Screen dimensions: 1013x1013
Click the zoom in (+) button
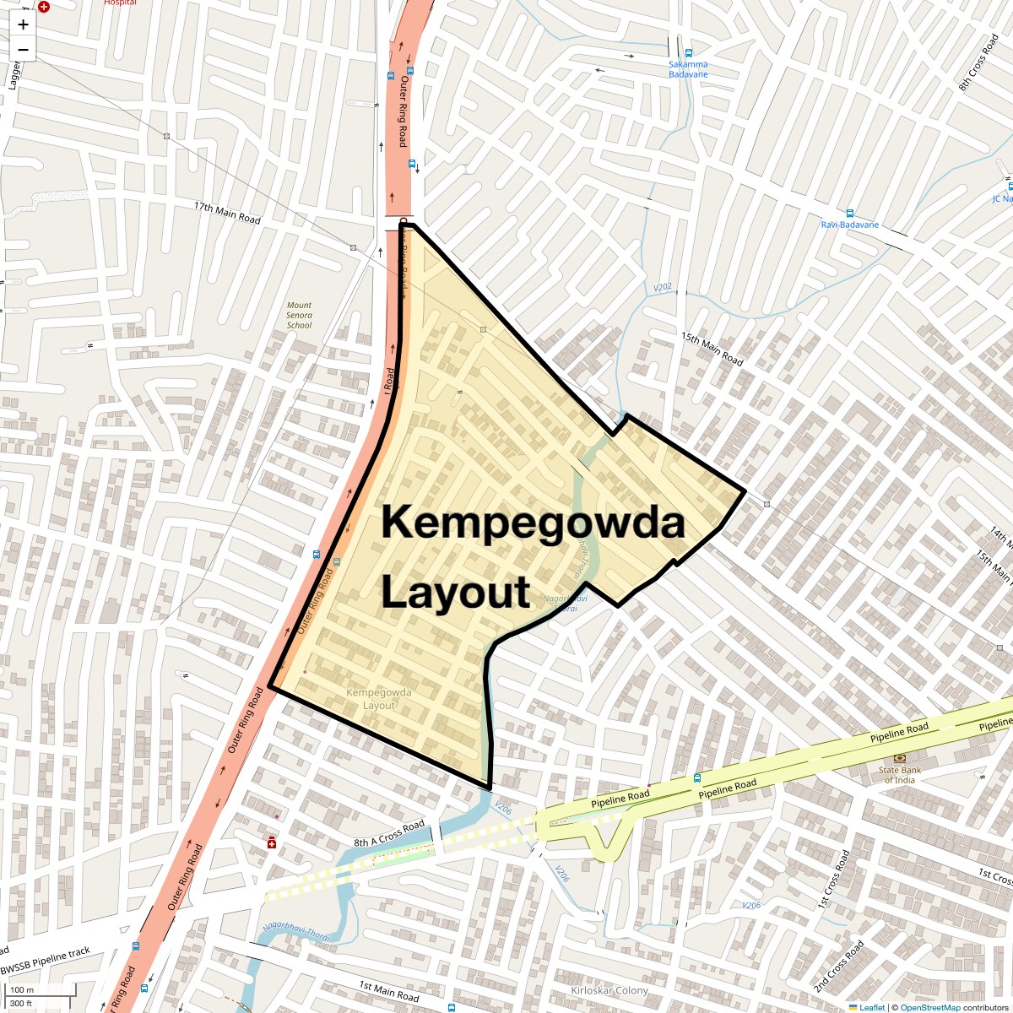tap(23, 25)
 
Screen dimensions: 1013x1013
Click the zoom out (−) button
tap(23, 50)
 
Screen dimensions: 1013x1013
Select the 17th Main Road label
tap(227, 213)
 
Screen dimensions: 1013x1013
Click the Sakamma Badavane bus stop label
tap(688, 69)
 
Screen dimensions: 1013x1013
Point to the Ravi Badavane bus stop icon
tap(850, 214)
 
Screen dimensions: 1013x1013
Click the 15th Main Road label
tap(712, 349)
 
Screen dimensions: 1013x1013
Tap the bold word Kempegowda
tap(532, 523)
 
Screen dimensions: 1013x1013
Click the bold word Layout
tap(455, 592)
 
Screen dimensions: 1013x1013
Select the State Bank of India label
tap(900, 775)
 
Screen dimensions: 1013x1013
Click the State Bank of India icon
tap(900, 758)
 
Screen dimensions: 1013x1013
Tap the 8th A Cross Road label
tap(389, 834)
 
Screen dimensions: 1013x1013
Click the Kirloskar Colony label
tap(609, 990)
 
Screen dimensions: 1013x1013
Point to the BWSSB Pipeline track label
tap(46, 961)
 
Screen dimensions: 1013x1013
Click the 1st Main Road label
tap(389, 991)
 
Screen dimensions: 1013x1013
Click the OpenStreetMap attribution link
tap(929, 1007)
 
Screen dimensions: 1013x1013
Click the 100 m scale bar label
tap(23, 990)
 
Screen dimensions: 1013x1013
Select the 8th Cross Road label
tap(978, 62)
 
